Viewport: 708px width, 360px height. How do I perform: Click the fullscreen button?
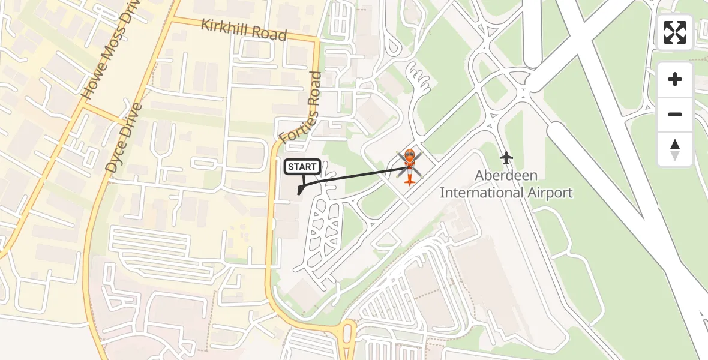(675, 32)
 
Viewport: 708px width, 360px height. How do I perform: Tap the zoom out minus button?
(675, 114)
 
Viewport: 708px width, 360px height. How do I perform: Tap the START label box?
(302, 167)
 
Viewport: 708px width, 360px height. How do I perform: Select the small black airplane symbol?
(506, 158)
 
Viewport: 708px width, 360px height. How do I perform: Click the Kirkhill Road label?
(244, 29)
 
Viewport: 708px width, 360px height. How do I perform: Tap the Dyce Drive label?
(124, 139)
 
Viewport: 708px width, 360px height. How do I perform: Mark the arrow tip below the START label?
(299, 194)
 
